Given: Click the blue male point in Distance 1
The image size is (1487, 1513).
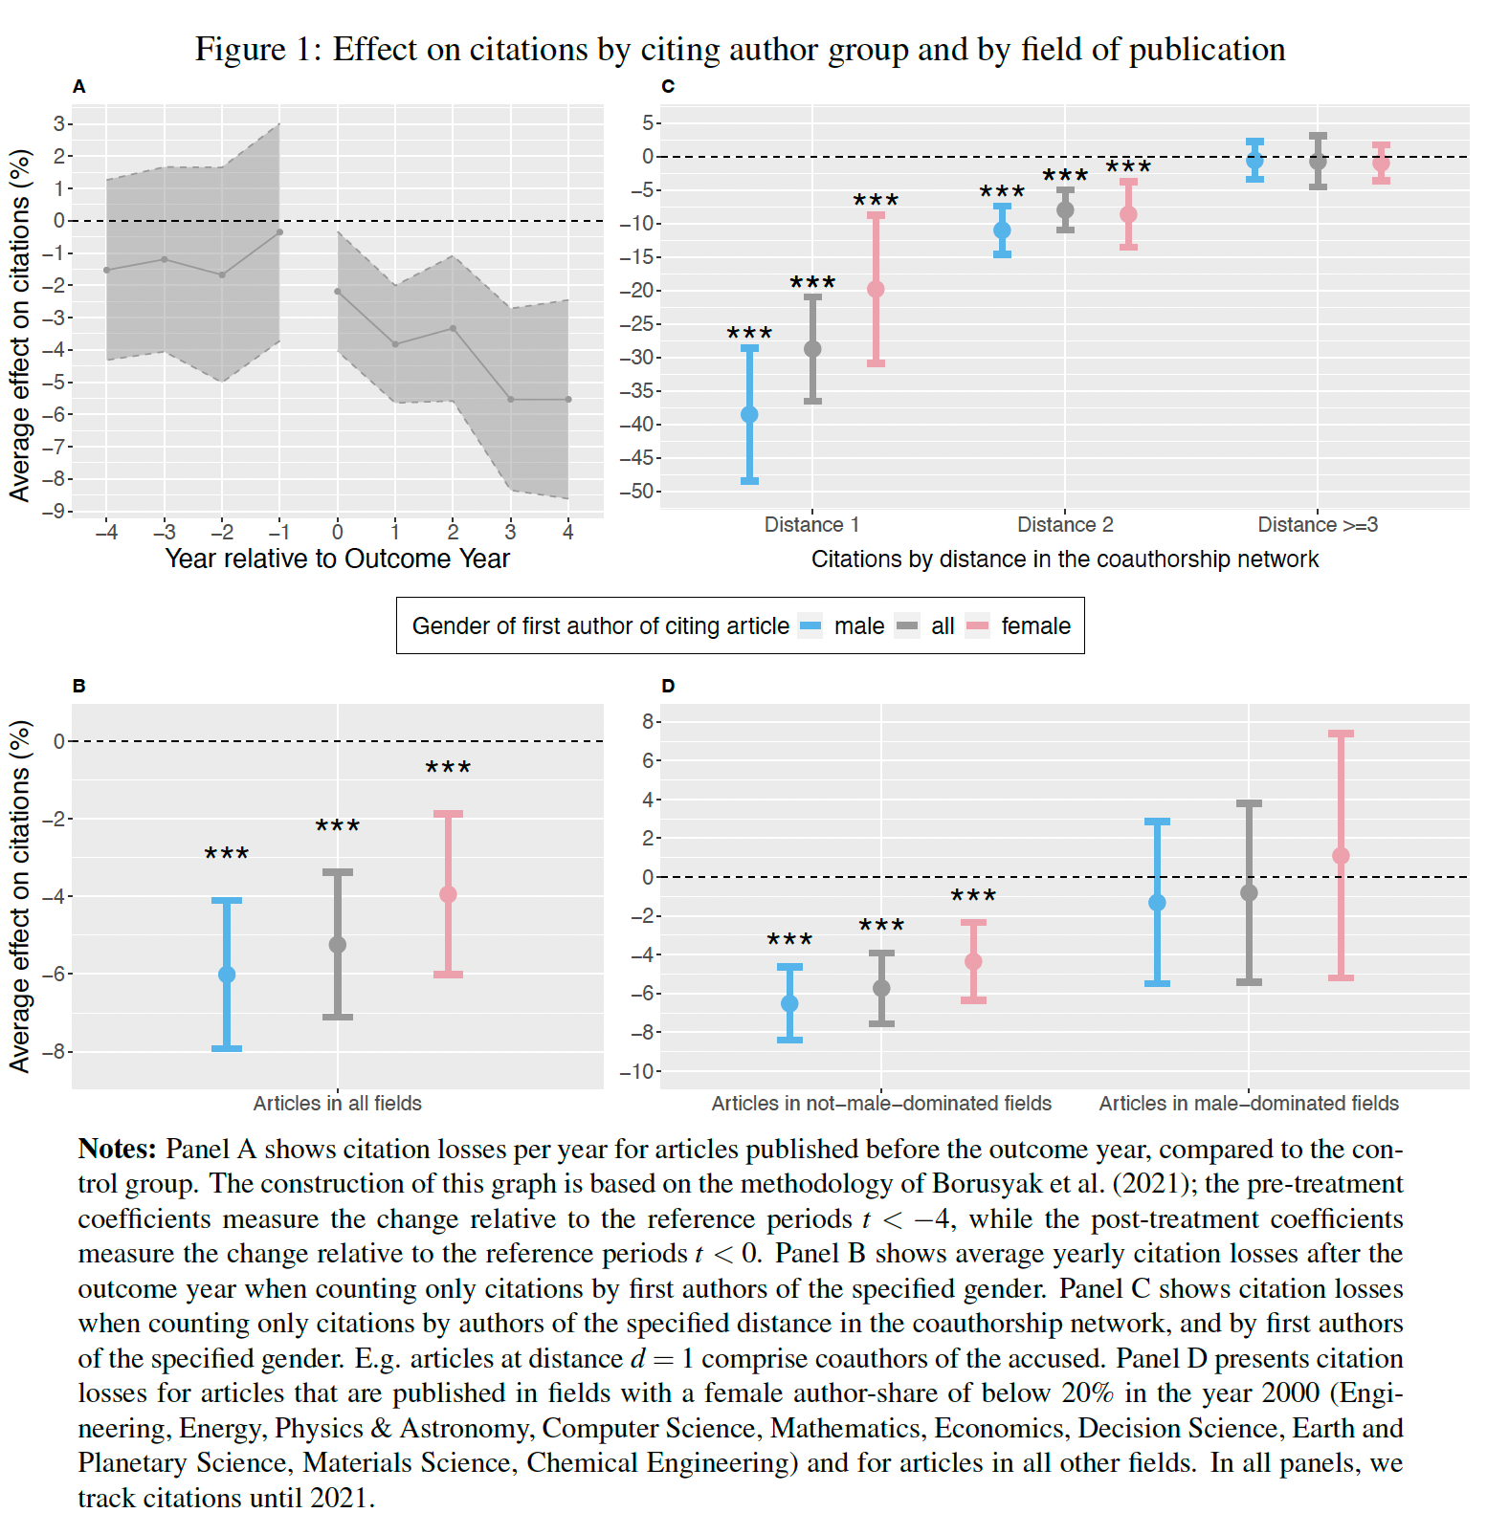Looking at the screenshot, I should [x=749, y=414].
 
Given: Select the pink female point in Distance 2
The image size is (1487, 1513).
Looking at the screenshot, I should [x=1128, y=214].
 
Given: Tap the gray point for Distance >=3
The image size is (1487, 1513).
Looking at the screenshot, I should [x=1318, y=161].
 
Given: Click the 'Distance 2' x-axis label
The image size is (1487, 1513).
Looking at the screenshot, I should [x=1064, y=524].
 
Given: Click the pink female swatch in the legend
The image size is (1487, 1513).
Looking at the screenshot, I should [x=977, y=626].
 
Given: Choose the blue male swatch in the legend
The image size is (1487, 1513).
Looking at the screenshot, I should [x=810, y=626].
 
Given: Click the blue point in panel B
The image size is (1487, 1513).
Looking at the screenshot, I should [x=227, y=975].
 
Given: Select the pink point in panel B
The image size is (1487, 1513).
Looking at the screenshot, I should [x=448, y=894].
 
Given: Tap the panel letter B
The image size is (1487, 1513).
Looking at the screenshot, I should [x=78, y=686].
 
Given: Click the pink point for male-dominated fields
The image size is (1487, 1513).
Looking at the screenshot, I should [x=1341, y=856].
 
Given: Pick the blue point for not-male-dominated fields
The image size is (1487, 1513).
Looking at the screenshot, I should [x=789, y=1003].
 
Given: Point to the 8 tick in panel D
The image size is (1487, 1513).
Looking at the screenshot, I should [x=647, y=721].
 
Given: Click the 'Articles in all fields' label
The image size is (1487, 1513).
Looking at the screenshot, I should [x=337, y=1103].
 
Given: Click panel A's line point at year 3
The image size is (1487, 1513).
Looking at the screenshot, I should [x=510, y=399].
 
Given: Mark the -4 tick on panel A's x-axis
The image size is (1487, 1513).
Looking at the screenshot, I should [x=106, y=532].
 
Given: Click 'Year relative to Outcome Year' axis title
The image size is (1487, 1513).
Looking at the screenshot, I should [x=337, y=559].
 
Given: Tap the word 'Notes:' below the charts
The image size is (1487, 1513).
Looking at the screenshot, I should [x=117, y=1149].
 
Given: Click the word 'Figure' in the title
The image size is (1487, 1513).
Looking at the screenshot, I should [x=240, y=49].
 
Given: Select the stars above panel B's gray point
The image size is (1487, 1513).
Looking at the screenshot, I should [x=337, y=826].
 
